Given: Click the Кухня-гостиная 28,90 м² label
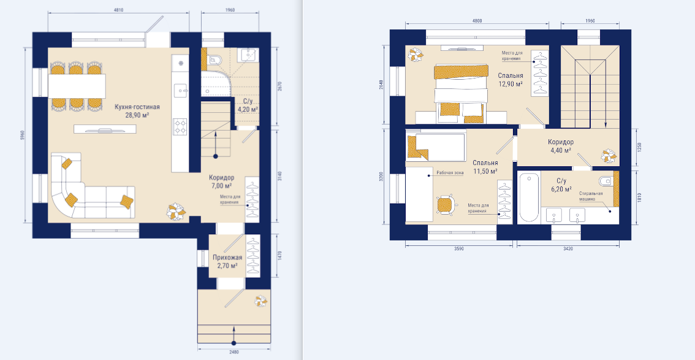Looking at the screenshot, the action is click(x=137, y=111).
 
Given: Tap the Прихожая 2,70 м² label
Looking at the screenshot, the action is click(x=227, y=262).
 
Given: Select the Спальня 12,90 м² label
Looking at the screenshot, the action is click(x=510, y=79).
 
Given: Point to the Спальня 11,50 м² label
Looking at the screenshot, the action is click(x=484, y=167).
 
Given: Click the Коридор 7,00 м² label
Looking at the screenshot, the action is click(x=222, y=182).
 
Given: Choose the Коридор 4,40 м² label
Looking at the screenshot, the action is click(x=561, y=147).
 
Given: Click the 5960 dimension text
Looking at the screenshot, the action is click(x=21, y=136).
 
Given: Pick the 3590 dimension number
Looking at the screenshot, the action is click(x=459, y=249).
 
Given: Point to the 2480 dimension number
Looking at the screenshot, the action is click(x=235, y=353).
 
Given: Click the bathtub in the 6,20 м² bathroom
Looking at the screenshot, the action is click(x=529, y=197).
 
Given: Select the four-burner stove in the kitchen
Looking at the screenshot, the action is click(x=180, y=126).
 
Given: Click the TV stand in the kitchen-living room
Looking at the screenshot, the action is click(x=105, y=129).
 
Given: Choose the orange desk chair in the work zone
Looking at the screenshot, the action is click(x=445, y=205).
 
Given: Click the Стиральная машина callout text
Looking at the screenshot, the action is click(x=591, y=197).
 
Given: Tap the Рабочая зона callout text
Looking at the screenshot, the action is click(x=450, y=174).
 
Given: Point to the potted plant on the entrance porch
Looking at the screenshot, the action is click(x=260, y=302).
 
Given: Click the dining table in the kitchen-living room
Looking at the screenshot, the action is click(x=77, y=86).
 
